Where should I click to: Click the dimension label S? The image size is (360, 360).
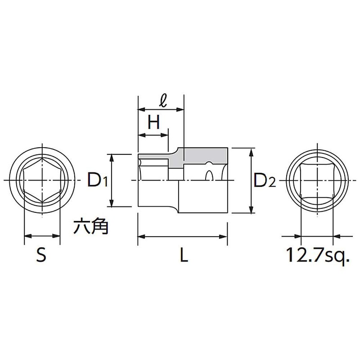(41, 256)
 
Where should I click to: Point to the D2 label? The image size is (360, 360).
(264, 180)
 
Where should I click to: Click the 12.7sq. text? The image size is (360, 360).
(318, 256)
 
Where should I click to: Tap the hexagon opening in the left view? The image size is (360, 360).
(41, 180)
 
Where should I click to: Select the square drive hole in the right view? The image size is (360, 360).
(317, 180)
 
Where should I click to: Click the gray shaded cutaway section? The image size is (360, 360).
(205, 156)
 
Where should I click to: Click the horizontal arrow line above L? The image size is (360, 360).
(182, 236)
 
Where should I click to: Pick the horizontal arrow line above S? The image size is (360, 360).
(41, 236)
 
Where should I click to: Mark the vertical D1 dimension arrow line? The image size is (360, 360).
(112, 180)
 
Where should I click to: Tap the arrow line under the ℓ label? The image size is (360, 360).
(161, 109)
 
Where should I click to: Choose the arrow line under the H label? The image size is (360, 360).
(153, 135)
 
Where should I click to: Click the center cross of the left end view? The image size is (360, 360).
(41, 180)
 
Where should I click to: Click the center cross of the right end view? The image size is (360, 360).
(317, 180)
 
